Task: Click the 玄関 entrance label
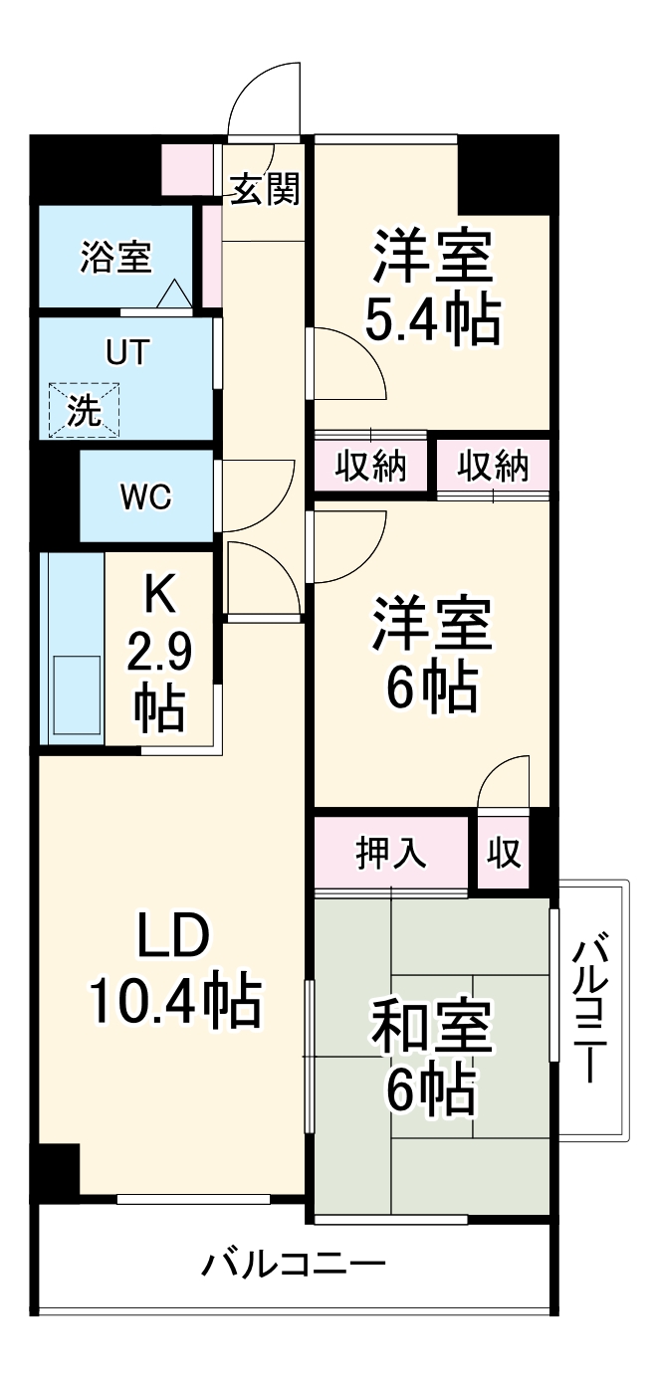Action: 264,188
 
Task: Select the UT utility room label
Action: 125,353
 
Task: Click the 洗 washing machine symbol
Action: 84,410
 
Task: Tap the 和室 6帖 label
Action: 431,1060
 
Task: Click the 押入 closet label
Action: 391,853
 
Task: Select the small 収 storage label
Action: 505,853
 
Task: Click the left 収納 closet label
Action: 370,466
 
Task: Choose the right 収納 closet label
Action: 494,466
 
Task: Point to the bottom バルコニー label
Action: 294,1266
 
